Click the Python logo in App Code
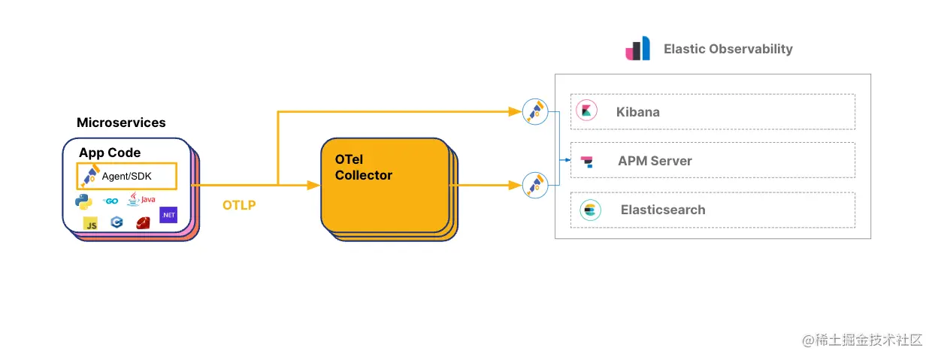point(83,201)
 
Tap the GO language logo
point(110,201)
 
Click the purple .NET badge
point(168,215)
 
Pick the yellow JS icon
point(91,223)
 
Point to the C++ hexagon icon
point(116,222)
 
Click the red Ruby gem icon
point(144,222)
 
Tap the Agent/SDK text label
point(127,176)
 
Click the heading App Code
point(110,153)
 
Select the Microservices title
point(121,123)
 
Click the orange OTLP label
point(239,205)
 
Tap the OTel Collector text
point(364,168)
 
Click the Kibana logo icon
point(586,111)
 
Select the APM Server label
point(655,161)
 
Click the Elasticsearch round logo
point(590,210)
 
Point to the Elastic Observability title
point(728,49)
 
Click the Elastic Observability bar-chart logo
point(637,49)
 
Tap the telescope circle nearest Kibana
point(535,112)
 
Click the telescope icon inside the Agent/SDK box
point(90,177)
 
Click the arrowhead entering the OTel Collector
point(313,185)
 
